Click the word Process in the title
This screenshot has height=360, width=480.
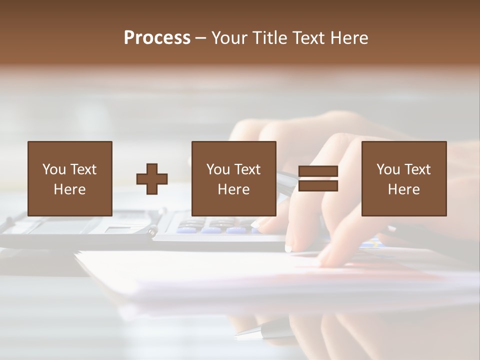pyautogui.click(x=157, y=38)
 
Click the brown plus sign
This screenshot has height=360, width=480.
pyautogui.click(x=152, y=179)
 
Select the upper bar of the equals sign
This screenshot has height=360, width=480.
pyautogui.click(x=318, y=171)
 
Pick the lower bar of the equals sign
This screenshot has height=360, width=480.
pyautogui.click(x=318, y=186)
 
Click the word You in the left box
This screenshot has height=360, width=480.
pyautogui.click(x=54, y=169)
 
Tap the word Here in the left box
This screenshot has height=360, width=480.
pyautogui.click(x=69, y=189)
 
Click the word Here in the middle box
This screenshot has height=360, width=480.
pyautogui.click(x=233, y=189)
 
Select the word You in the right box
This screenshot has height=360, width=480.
pyautogui.click(x=388, y=169)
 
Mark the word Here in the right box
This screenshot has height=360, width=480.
pyautogui.click(x=403, y=189)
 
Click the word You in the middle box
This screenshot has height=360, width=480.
pyautogui.click(x=218, y=169)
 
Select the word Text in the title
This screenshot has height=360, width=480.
pyautogui.click(x=308, y=38)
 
